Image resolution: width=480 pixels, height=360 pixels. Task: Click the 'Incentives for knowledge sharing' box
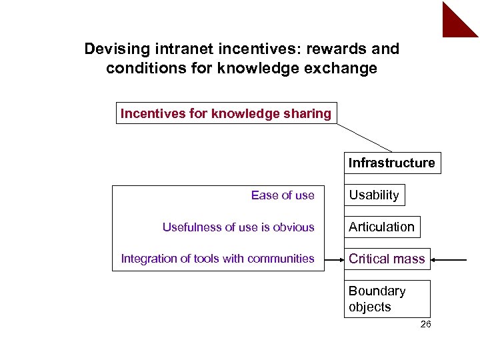point(226,113)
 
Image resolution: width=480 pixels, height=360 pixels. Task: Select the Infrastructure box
point(391,163)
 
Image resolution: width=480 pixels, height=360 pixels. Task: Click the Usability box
point(373,195)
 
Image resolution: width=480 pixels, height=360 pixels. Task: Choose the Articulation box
point(381,227)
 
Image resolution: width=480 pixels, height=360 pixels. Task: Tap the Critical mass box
point(387,259)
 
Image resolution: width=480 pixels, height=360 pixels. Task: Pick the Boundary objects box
point(387,299)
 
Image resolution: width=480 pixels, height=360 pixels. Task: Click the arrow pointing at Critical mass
point(453,259)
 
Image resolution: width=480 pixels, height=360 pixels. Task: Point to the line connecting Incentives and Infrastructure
point(364,138)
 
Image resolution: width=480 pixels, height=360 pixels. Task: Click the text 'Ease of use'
point(283,195)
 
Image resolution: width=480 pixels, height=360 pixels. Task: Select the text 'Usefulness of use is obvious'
point(238,227)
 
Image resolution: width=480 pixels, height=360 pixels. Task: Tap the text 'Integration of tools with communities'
point(217,259)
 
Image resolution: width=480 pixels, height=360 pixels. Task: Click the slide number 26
point(425,325)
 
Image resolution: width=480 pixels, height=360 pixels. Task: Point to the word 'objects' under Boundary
point(369,307)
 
